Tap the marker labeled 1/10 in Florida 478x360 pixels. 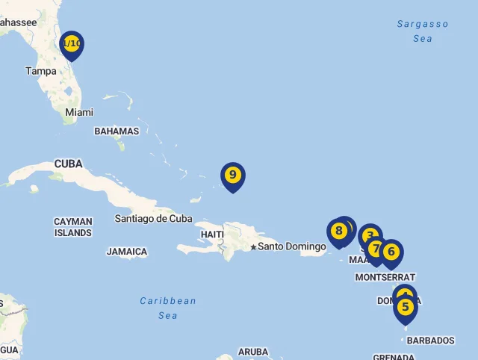coord(72,44)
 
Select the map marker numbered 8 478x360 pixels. coord(338,231)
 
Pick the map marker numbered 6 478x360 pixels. coord(391,252)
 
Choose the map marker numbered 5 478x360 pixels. coord(406,307)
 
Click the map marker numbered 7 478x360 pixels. coord(376,248)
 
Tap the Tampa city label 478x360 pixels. coord(41,71)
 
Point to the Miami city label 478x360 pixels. coord(79,112)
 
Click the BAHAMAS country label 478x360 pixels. coord(117,131)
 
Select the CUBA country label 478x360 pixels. coord(68,164)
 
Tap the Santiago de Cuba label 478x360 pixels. coord(153,219)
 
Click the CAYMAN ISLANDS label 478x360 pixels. coord(73,227)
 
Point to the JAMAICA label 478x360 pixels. coord(127,252)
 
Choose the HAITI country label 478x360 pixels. coord(212,235)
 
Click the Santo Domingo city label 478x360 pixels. coord(292,246)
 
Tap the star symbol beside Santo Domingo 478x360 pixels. coord(253,246)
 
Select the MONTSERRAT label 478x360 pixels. coord(385,277)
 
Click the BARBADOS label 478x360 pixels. coord(431,341)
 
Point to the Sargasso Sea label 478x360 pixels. coord(423,31)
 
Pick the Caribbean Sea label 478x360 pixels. coord(168,308)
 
